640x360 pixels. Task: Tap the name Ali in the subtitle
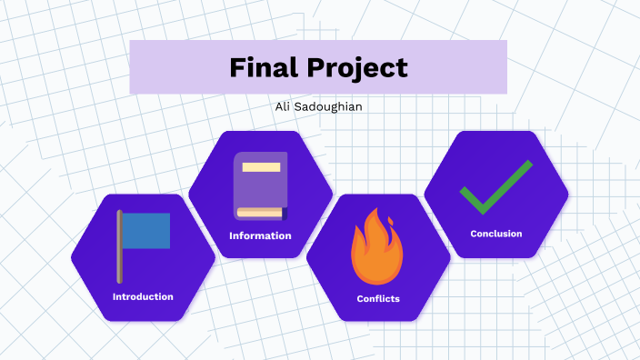pos(283,107)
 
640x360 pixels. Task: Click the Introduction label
pos(143,296)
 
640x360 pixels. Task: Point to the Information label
pos(260,235)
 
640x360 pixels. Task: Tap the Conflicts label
pos(378,298)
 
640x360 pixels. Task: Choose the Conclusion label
pos(496,234)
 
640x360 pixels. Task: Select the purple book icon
pos(260,185)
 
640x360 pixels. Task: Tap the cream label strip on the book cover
pos(261,167)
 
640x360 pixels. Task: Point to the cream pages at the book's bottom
pos(259,213)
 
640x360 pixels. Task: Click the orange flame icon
pos(378,247)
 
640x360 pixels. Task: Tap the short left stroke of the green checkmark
pos(472,197)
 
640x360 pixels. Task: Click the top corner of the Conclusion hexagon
pos(496,132)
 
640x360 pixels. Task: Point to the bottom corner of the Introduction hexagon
pos(143,321)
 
